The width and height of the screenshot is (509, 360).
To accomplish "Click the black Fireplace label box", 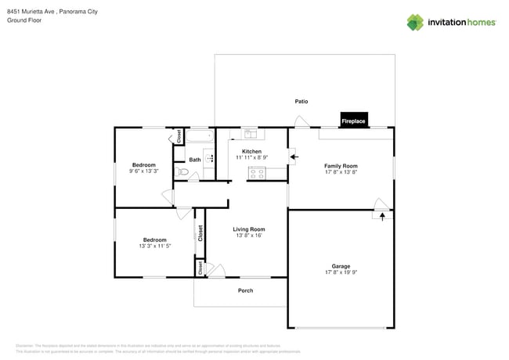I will (353, 121).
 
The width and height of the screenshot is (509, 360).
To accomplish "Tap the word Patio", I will (301, 102).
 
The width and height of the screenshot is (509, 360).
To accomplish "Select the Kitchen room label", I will (251, 151).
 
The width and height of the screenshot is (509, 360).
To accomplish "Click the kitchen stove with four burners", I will (257, 174).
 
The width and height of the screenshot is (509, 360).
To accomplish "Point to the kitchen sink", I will (250, 133).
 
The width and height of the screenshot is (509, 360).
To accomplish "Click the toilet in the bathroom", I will (182, 171).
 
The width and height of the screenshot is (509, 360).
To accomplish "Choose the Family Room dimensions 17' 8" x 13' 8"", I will (341, 172).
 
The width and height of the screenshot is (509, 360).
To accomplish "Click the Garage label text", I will (341, 266).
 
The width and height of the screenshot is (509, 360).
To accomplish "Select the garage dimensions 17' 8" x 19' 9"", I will (341, 273).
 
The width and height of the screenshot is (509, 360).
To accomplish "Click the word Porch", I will (245, 290).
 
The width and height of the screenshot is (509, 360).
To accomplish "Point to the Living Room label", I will (249, 229).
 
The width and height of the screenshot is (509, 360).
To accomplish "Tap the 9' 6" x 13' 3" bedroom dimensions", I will (143, 171).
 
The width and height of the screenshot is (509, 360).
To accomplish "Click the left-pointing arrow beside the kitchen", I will (294, 157).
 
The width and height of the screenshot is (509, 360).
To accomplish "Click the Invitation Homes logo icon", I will (415, 22).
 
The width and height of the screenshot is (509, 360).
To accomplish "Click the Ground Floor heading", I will (23, 21).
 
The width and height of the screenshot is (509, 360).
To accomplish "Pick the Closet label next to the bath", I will (179, 136).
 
